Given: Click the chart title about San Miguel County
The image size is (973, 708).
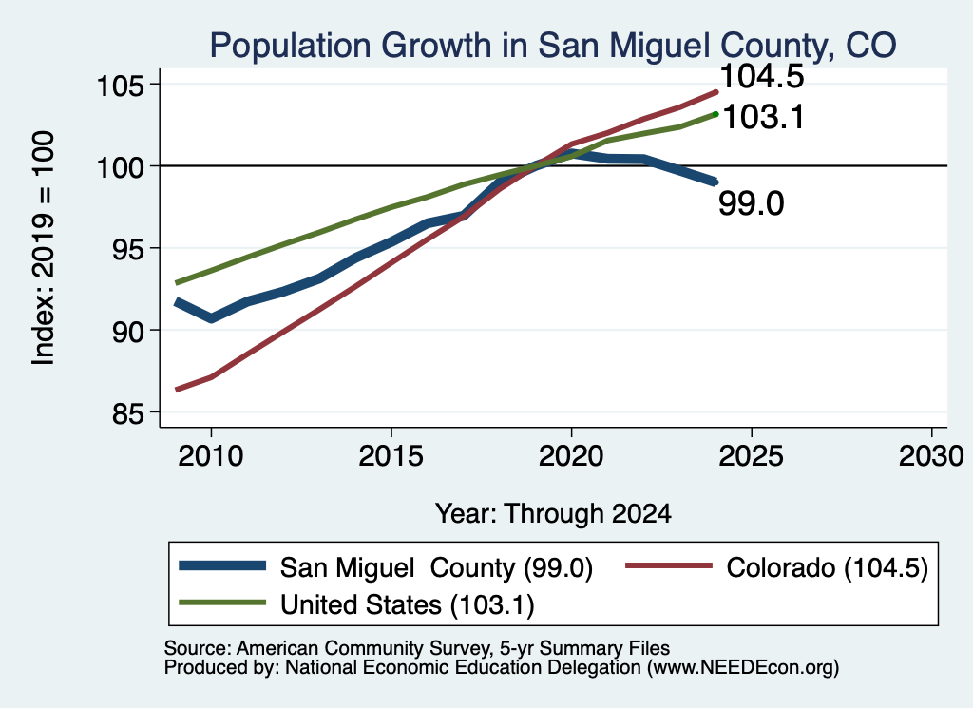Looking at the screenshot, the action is [x=553, y=46].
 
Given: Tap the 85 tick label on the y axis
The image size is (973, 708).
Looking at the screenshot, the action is [x=126, y=413].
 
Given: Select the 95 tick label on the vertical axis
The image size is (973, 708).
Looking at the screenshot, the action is [x=126, y=249].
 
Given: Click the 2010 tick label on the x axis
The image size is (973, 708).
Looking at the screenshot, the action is [x=211, y=457].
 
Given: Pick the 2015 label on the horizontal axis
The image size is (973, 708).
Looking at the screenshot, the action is [x=391, y=457].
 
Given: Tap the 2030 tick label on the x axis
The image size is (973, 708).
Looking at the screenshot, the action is [x=931, y=457].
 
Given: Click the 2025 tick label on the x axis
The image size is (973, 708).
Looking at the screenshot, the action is [x=751, y=457].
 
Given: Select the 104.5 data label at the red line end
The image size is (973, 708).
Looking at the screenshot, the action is [x=762, y=77].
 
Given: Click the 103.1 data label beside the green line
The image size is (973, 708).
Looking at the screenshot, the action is [x=764, y=117].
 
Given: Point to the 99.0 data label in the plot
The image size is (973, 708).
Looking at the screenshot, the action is [x=752, y=203].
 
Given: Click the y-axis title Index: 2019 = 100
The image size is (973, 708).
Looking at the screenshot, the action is [x=44, y=248].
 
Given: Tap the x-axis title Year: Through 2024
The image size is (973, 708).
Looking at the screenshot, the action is [x=553, y=514].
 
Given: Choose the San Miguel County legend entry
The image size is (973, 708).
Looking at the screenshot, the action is [x=386, y=567].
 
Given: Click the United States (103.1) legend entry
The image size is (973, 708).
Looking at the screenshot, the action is [x=357, y=604].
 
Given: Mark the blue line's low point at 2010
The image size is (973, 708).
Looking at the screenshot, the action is [x=212, y=318].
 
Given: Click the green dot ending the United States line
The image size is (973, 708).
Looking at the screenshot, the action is [x=715, y=114].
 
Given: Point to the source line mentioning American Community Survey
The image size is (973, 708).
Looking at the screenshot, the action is [x=417, y=648].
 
